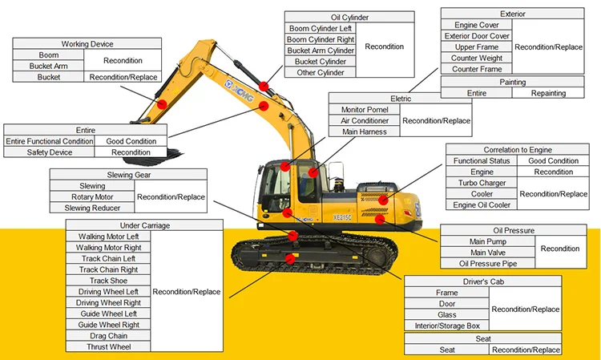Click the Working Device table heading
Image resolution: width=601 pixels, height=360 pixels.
pyautogui.click(x=87, y=44)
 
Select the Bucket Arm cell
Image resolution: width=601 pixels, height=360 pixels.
pyautogui.click(x=48, y=66)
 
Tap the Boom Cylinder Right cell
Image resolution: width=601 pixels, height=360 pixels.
pyautogui.click(x=321, y=39)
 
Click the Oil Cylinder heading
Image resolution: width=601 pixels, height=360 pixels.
pyautogui.click(x=349, y=17)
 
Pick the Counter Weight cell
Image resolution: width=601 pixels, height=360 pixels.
pyautogui.click(x=477, y=59)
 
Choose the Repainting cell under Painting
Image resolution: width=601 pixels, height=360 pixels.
pyautogui.click(x=549, y=93)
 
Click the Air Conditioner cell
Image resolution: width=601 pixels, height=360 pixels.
pyautogui.click(x=365, y=120)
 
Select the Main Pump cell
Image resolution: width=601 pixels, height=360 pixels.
pyautogui.click(x=481, y=241)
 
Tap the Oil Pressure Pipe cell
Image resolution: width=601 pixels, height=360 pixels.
pyautogui.click(x=481, y=263)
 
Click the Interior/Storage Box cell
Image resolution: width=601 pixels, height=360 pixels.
pyautogui.click(x=447, y=326)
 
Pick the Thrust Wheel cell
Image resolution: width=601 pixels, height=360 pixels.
pyautogui.click(x=108, y=346)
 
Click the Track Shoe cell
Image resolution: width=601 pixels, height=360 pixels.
pyautogui.click(x=108, y=281)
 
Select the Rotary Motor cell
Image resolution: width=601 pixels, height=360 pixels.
pyautogui.click(x=92, y=196)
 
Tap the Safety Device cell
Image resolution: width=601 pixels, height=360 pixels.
pyautogui.click(x=50, y=152)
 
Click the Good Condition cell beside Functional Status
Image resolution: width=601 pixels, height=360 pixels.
pyautogui.click(x=553, y=160)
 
